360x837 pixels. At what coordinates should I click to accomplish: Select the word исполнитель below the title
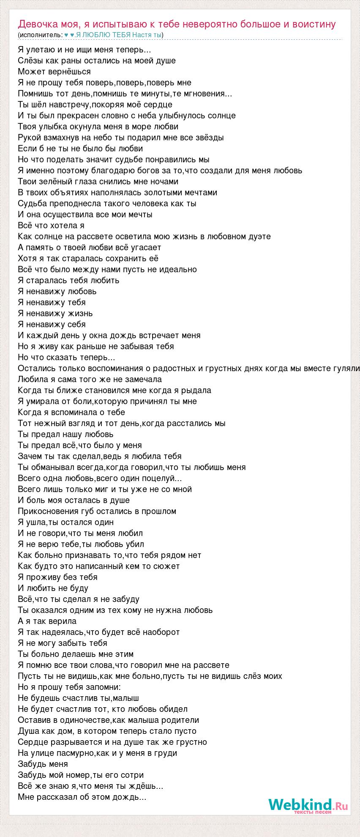pos(41,35)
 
